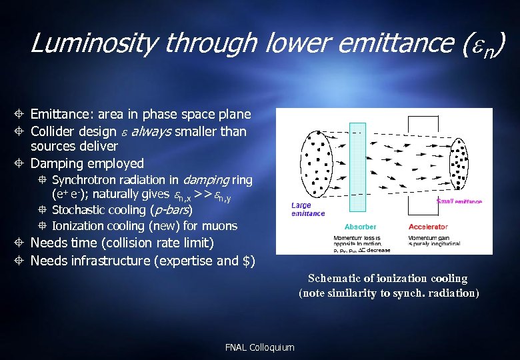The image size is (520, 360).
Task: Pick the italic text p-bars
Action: [170, 211]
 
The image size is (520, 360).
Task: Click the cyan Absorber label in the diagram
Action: [360, 227]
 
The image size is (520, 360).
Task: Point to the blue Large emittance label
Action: [308, 209]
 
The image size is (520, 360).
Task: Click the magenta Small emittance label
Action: [459, 201]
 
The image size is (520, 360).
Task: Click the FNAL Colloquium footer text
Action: [260, 347]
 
